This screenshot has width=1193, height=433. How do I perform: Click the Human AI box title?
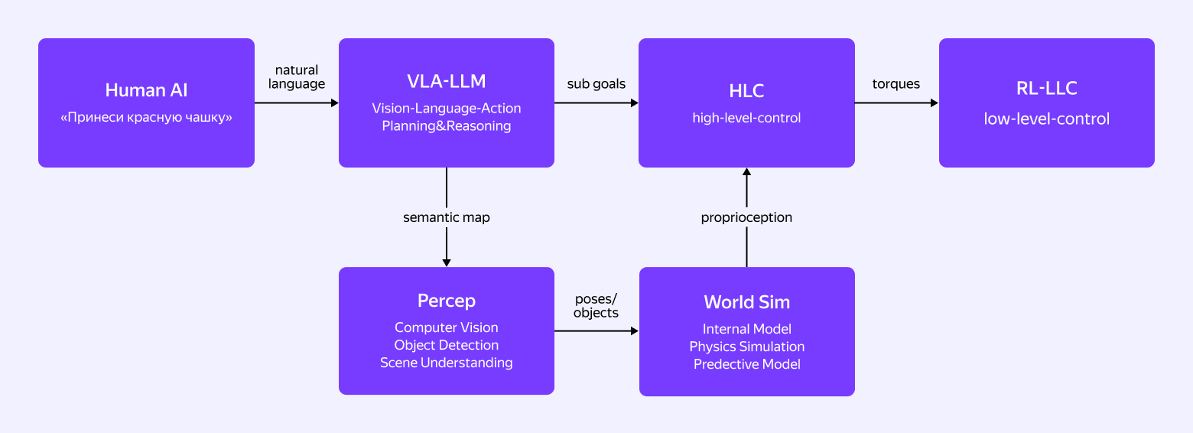[146, 90]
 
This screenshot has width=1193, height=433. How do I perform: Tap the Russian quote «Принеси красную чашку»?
[146, 119]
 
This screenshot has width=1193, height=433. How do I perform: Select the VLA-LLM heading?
[446, 82]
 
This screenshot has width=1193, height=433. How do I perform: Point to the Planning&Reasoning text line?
[446, 126]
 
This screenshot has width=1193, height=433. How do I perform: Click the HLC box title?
[746, 90]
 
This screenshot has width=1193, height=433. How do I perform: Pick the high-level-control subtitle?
[746, 118]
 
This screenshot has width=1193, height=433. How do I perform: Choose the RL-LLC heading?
[1046, 89]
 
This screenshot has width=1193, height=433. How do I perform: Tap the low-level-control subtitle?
[1046, 119]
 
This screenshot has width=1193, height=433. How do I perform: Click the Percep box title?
[446, 301]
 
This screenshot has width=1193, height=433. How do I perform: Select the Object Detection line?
[446, 345]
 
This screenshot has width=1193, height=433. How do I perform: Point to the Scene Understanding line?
[446, 363]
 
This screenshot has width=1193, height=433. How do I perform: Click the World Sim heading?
[746, 301]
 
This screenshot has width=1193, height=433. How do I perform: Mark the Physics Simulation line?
[746, 347]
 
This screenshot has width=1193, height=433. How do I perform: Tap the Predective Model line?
[746, 364]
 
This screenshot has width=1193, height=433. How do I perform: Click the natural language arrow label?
[297, 77]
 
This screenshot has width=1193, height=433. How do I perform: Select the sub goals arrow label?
[596, 84]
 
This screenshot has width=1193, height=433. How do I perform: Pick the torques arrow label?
[896, 84]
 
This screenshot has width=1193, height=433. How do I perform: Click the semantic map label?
[446, 217]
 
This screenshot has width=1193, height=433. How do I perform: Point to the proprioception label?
[746, 217]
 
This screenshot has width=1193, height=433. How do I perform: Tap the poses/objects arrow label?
[596, 305]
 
